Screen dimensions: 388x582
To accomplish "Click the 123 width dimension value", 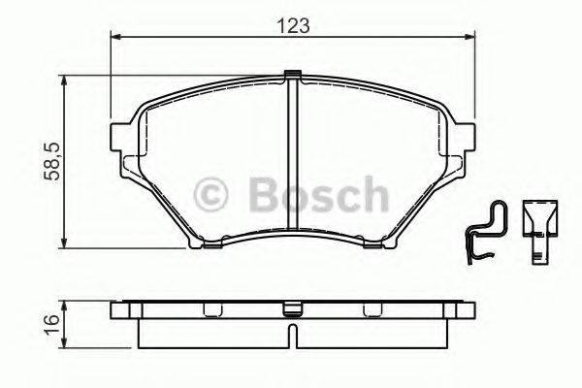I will click(x=294, y=27).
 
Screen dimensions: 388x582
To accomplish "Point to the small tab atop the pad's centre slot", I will click(x=294, y=74).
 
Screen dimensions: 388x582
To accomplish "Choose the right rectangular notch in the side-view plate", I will click(x=370, y=311).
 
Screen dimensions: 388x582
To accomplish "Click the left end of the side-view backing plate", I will click(x=116, y=311).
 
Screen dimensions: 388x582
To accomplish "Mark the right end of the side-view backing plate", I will click(x=471, y=311).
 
